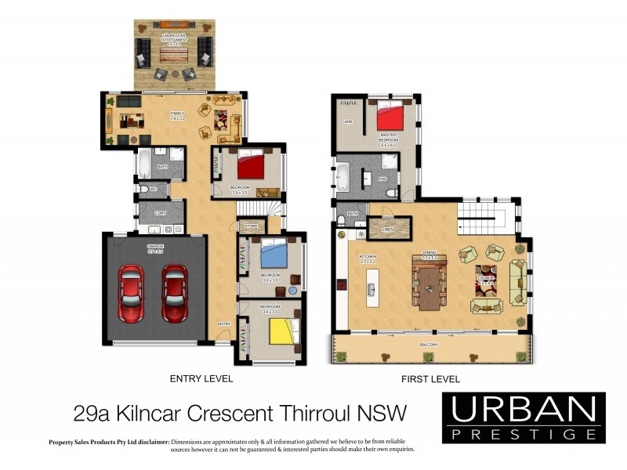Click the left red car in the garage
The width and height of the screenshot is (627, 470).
pyautogui.click(x=131, y=293)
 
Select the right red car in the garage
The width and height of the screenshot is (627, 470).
pyautogui.click(x=174, y=293)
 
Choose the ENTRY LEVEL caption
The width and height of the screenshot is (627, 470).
pyautogui.click(x=201, y=378)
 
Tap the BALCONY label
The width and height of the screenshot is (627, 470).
pyautogui.click(x=428, y=345)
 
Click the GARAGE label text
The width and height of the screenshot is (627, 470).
pyautogui.click(x=154, y=247)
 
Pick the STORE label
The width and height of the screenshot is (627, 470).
pyautogui.click(x=251, y=226)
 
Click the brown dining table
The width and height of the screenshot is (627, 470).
pyautogui.click(x=430, y=286)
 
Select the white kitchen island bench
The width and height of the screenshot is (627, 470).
pyautogui.click(x=372, y=291)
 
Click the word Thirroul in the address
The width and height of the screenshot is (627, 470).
pyautogui.click(x=309, y=411)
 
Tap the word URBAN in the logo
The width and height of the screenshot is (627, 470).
pyautogui.click(x=524, y=409)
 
